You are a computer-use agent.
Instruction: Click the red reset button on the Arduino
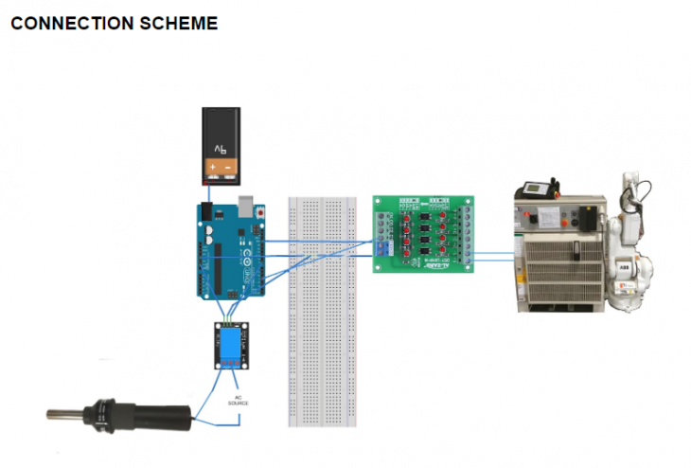260,213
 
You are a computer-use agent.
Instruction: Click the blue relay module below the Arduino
232,346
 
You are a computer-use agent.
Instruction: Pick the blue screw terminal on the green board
382,247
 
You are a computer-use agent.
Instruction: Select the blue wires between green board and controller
494,254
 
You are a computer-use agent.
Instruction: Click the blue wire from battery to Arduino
206,193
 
